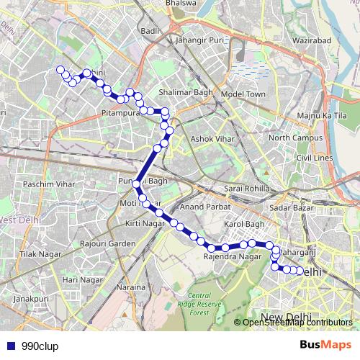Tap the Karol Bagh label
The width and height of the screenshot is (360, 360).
(x=245, y=224)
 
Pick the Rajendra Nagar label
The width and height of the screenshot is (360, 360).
(x=232, y=256)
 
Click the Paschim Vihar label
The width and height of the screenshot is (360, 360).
(x=49, y=184)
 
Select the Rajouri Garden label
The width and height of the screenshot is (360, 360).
(x=108, y=243)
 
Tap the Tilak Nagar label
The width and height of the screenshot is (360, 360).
(x=37, y=254)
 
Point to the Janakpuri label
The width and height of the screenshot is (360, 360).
(x=30, y=298)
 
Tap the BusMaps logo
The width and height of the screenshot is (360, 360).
(x=325, y=346)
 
